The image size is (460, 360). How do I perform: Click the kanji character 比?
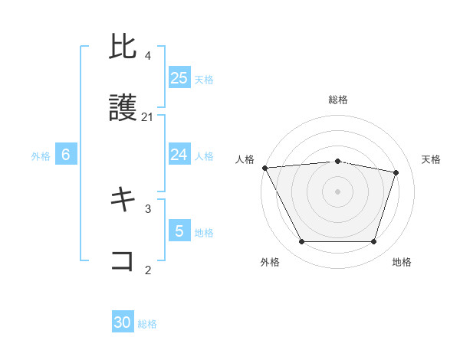[x=123, y=48]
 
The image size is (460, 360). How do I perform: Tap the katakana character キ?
[x=123, y=201]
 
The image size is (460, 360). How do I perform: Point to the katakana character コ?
[x=123, y=261]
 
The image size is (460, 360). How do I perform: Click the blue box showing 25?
[x=179, y=78]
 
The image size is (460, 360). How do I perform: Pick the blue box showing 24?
[x=179, y=155]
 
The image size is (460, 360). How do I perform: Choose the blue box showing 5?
[x=179, y=231]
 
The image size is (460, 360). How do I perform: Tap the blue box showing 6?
[x=65, y=155]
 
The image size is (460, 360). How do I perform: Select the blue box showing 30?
[x=123, y=322]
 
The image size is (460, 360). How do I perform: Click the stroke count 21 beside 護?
[x=148, y=117]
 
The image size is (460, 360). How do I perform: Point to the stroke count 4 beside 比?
[x=148, y=56]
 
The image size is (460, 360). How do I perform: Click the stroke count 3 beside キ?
[x=148, y=208]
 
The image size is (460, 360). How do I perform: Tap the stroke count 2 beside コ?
[x=148, y=269]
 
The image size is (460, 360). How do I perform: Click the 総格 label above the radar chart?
[x=338, y=100]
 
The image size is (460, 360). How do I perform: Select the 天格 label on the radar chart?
[x=432, y=159]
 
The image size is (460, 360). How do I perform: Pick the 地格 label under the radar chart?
[x=402, y=262]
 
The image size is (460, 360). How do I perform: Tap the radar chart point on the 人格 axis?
[x=264, y=168]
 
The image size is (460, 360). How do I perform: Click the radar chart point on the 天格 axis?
[x=396, y=172]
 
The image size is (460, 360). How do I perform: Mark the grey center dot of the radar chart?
[x=337, y=191]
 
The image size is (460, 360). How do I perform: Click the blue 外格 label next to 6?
[x=41, y=155]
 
